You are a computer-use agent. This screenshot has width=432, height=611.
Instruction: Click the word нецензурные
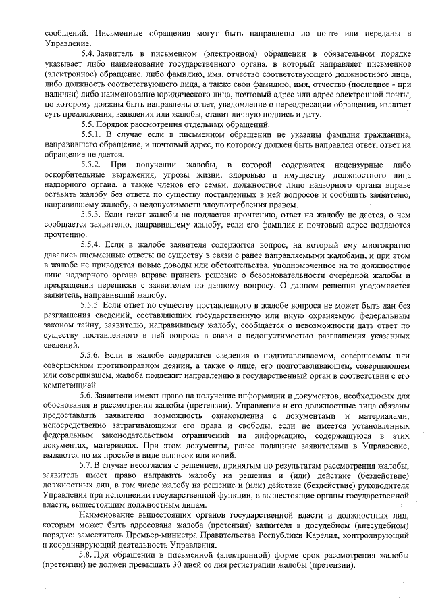(351, 165)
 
